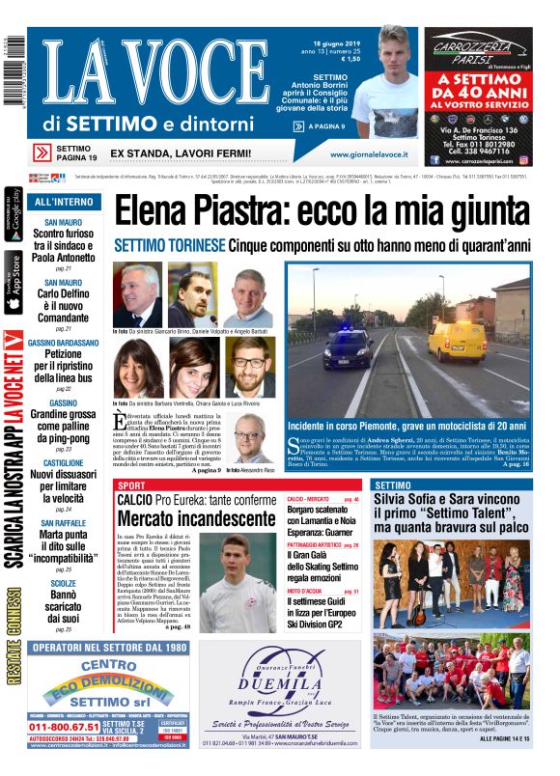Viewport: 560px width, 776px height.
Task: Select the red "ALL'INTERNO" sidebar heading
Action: [64, 203]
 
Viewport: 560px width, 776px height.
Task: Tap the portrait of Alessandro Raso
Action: [254, 436]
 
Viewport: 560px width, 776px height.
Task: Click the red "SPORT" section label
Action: [131, 485]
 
